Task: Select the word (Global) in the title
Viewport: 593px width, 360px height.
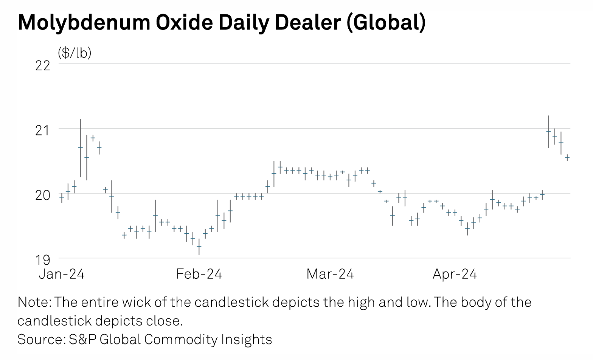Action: (x=386, y=23)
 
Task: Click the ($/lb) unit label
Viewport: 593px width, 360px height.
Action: (x=75, y=53)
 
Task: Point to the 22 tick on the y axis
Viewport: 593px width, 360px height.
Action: (x=43, y=66)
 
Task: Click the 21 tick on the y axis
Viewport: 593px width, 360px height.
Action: (x=43, y=130)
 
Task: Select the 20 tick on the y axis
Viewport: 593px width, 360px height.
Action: (x=43, y=195)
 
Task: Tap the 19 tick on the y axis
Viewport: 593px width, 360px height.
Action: (x=43, y=260)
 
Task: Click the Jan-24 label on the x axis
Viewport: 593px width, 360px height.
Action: (x=62, y=273)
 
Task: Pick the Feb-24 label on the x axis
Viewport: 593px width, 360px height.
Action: (x=199, y=273)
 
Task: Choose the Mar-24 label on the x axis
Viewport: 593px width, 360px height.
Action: (x=330, y=273)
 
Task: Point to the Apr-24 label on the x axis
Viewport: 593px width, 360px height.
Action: (x=455, y=273)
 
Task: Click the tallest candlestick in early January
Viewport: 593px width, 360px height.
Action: (x=80, y=147)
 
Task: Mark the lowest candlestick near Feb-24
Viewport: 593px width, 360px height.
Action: (x=199, y=246)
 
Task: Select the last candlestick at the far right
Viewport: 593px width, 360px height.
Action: (x=567, y=157)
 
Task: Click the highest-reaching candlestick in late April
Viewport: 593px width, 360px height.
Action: (x=548, y=131)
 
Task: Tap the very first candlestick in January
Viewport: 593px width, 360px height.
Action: (x=62, y=197)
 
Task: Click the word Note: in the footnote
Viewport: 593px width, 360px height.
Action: (x=35, y=303)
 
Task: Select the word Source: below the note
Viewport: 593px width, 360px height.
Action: (x=41, y=339)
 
